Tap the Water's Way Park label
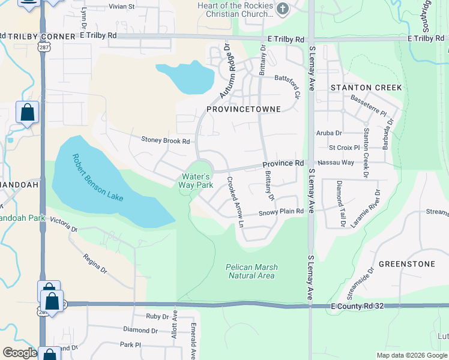pyautogui.click(x=196, y=181)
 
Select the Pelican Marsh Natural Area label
pyautogui.click(x=251, y=271)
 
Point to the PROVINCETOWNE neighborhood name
pyautogui.click(x=244, y=110)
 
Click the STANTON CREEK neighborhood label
pyautogui.click(x=366, y=88)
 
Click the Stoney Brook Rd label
pyautogui.click(x=166, y=141)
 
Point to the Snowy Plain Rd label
pyautogui.click(x=281, y=212)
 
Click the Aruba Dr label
pyautogui.click(x=329, y=133)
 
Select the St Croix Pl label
pyautogui.click(x=344, y=147)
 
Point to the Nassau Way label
pyautogui.click(x=336, y=163)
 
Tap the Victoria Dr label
pyautogui.click(x=64, y=225)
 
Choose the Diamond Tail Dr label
pyautogui.click(x=340, y=195)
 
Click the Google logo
pyautogui.click(x=20, y=353)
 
